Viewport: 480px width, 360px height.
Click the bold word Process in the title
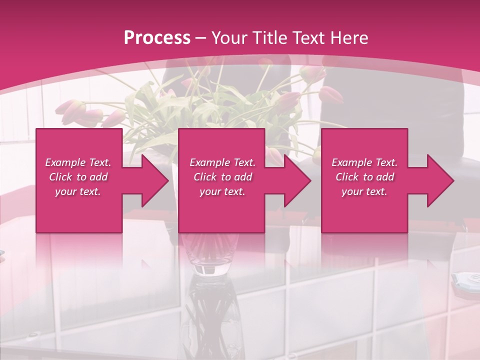pos(157,38)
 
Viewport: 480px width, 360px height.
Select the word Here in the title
pos(349,38)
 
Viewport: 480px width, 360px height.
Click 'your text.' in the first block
pos(78,191)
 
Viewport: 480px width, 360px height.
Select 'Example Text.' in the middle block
pos(222,162)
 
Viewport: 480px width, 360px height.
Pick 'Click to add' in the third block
pos(364,177)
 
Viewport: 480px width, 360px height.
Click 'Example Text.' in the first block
pos(78,162)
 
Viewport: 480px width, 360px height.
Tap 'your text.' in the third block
pos(364,191)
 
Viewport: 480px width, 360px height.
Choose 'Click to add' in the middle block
pos(222,177)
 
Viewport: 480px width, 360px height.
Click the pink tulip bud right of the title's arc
pos(330,93)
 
